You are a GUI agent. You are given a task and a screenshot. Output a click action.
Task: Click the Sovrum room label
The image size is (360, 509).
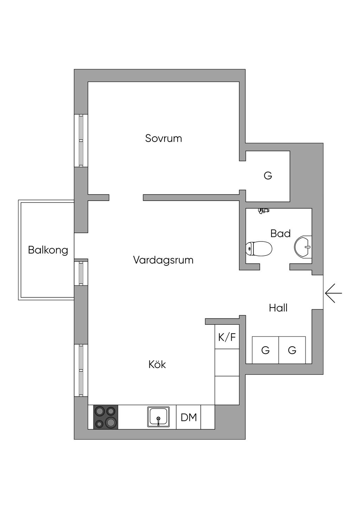[x=163, y=138]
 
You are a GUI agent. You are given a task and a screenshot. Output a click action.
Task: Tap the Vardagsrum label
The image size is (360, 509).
[x=163, y=260]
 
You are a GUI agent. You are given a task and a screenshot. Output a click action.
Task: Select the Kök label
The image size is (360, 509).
[x=157, y=364]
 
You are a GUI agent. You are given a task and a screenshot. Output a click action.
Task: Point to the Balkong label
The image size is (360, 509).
[x=48, y=250]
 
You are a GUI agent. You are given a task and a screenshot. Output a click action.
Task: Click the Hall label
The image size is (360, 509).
[x=278, y=308]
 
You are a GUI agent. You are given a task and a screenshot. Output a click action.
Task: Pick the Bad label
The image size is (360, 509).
[x=280, y=233]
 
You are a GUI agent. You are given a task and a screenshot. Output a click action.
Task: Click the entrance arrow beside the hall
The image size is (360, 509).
[x=333, y=292]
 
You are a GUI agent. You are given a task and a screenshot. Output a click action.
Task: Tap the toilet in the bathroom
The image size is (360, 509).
[x=259, y=249]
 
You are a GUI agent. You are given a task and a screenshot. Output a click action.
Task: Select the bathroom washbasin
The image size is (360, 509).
[x=303, y=246]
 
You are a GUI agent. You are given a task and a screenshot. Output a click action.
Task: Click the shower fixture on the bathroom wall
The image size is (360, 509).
[x=263, y=211]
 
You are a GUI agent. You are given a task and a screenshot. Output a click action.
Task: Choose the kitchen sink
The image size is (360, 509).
[x=158, y=417]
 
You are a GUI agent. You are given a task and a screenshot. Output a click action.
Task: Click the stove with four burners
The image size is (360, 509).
[x=105, y=417]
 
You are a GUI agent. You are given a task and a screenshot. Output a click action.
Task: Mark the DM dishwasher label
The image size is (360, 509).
[x=188, y=417]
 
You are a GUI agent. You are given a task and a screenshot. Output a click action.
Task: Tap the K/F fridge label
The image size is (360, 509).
[x=227, y=337]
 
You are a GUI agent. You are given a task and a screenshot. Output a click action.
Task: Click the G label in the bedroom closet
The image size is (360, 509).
[x=268, y=175]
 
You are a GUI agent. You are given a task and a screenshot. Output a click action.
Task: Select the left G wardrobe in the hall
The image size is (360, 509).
[x=265, y=350]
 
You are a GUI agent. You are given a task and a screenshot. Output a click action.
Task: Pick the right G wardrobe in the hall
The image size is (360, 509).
[x=292, y=350]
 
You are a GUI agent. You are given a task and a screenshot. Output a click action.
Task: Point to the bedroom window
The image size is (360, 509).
[x=81, y=141]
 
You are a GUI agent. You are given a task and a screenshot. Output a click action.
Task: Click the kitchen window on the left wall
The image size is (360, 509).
[x=81, y=371]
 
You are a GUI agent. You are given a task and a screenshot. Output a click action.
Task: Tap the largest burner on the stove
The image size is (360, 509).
[x=111, y=422]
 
